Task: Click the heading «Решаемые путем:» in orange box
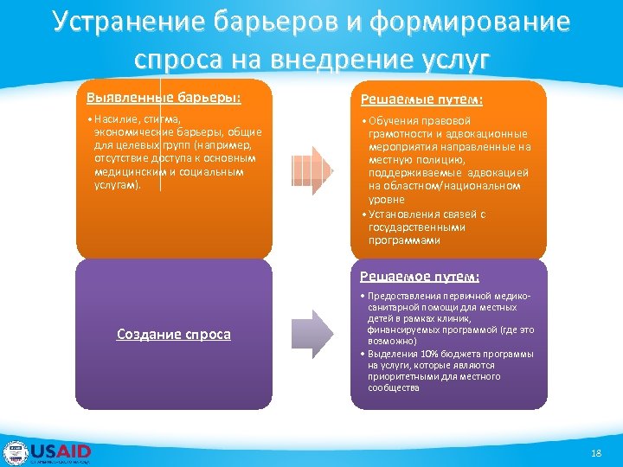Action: click(421, 99)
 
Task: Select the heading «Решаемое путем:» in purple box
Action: click(420, 277)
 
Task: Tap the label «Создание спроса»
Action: click(174, 334)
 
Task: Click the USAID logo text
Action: click(61, 451)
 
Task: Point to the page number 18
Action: click(594, 453)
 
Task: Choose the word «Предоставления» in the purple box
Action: click(398, 297)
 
